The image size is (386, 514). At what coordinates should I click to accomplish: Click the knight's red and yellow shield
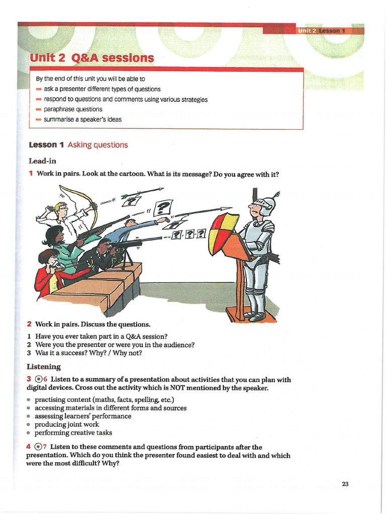225,233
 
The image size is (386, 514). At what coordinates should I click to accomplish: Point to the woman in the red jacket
48,274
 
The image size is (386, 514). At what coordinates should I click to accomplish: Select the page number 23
345,484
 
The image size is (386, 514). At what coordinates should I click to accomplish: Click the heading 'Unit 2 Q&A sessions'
91,58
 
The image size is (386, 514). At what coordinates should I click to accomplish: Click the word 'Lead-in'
42,161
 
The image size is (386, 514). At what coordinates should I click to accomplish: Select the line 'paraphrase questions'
73,109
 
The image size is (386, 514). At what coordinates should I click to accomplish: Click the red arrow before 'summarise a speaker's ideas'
39,119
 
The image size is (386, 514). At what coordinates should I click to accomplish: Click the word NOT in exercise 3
178,388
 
